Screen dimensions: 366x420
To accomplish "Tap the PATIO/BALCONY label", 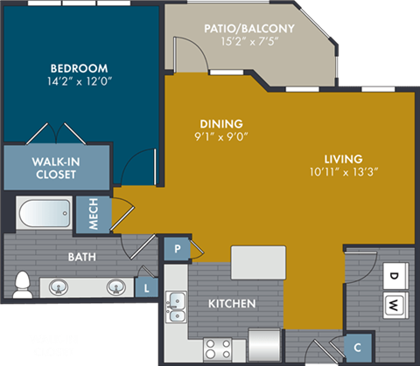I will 248,28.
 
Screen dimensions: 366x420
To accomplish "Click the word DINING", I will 221,123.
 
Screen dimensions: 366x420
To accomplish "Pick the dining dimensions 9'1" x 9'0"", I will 221,137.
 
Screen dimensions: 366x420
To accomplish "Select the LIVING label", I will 343,158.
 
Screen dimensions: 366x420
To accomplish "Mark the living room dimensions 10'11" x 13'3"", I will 343,173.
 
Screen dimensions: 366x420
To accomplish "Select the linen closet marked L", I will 145,287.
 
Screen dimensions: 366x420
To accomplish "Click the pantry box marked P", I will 178,248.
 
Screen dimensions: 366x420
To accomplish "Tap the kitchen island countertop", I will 258,260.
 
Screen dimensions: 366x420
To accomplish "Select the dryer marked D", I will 394,277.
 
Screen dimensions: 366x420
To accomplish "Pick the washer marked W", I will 394,305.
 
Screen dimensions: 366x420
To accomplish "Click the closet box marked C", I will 358,344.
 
